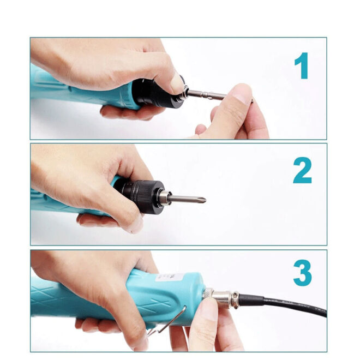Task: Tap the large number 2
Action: pos(302,171)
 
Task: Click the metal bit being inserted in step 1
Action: pos(209,94)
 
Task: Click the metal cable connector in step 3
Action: pos(224,297)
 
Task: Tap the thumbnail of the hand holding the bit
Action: pos(240,93)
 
